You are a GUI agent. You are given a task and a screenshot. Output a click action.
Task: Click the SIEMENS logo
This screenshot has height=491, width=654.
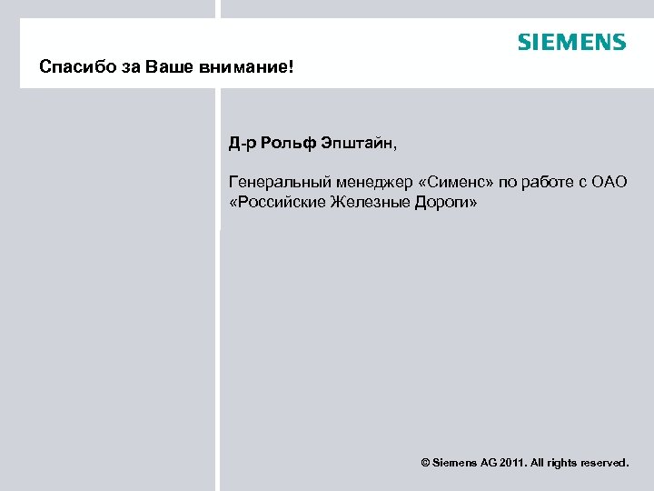[x=571, y=42]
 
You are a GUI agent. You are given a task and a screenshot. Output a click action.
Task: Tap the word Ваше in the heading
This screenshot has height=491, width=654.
[x=155, y=68]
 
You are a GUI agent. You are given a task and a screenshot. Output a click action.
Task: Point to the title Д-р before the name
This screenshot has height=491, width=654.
[x=243, y=144]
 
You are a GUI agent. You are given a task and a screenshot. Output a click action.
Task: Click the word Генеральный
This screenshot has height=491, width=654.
[x=274, y=183]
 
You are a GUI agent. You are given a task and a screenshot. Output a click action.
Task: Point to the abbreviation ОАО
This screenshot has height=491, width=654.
[x=608, y=183]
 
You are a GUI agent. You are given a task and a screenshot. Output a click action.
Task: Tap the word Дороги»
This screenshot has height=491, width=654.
[x=444, y=202]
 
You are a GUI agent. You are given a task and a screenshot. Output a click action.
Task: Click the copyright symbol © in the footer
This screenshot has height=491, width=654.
[x=426, y=463]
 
